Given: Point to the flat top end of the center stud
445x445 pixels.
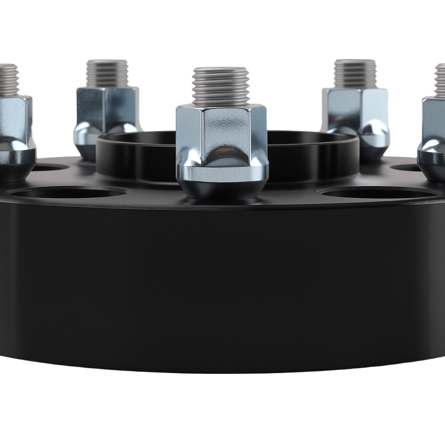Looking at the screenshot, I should pos(221,69).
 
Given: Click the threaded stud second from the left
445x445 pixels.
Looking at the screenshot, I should pos(107,73).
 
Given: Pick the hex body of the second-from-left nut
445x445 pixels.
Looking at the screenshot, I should pos(107,105).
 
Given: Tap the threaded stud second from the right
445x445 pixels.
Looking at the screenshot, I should pos(355,73).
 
